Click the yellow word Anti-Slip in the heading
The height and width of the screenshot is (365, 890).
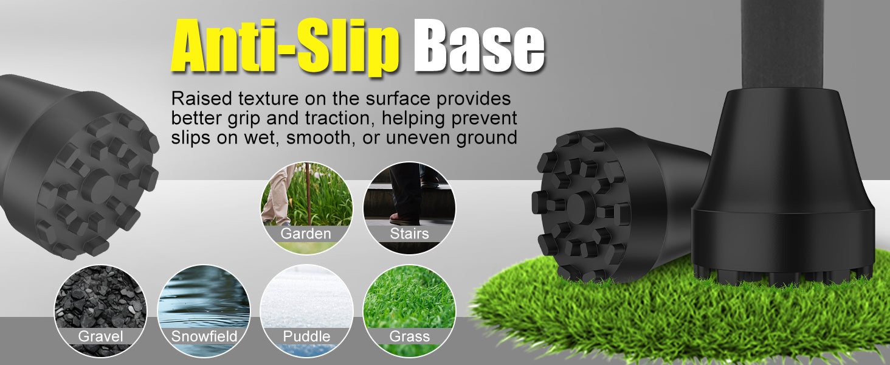click(285, 46)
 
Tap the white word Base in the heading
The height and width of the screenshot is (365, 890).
click(479, 46)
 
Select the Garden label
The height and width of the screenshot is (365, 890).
click(306, 234)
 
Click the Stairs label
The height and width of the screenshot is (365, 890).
click(409, 234)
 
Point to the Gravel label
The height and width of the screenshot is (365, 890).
click(100, 336)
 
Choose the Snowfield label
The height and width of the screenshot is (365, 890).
click(204, 336)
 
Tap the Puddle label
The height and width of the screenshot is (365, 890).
click(306, 336)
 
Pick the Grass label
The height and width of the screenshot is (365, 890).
click(409, 336)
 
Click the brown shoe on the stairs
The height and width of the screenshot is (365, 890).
click(404, 218)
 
